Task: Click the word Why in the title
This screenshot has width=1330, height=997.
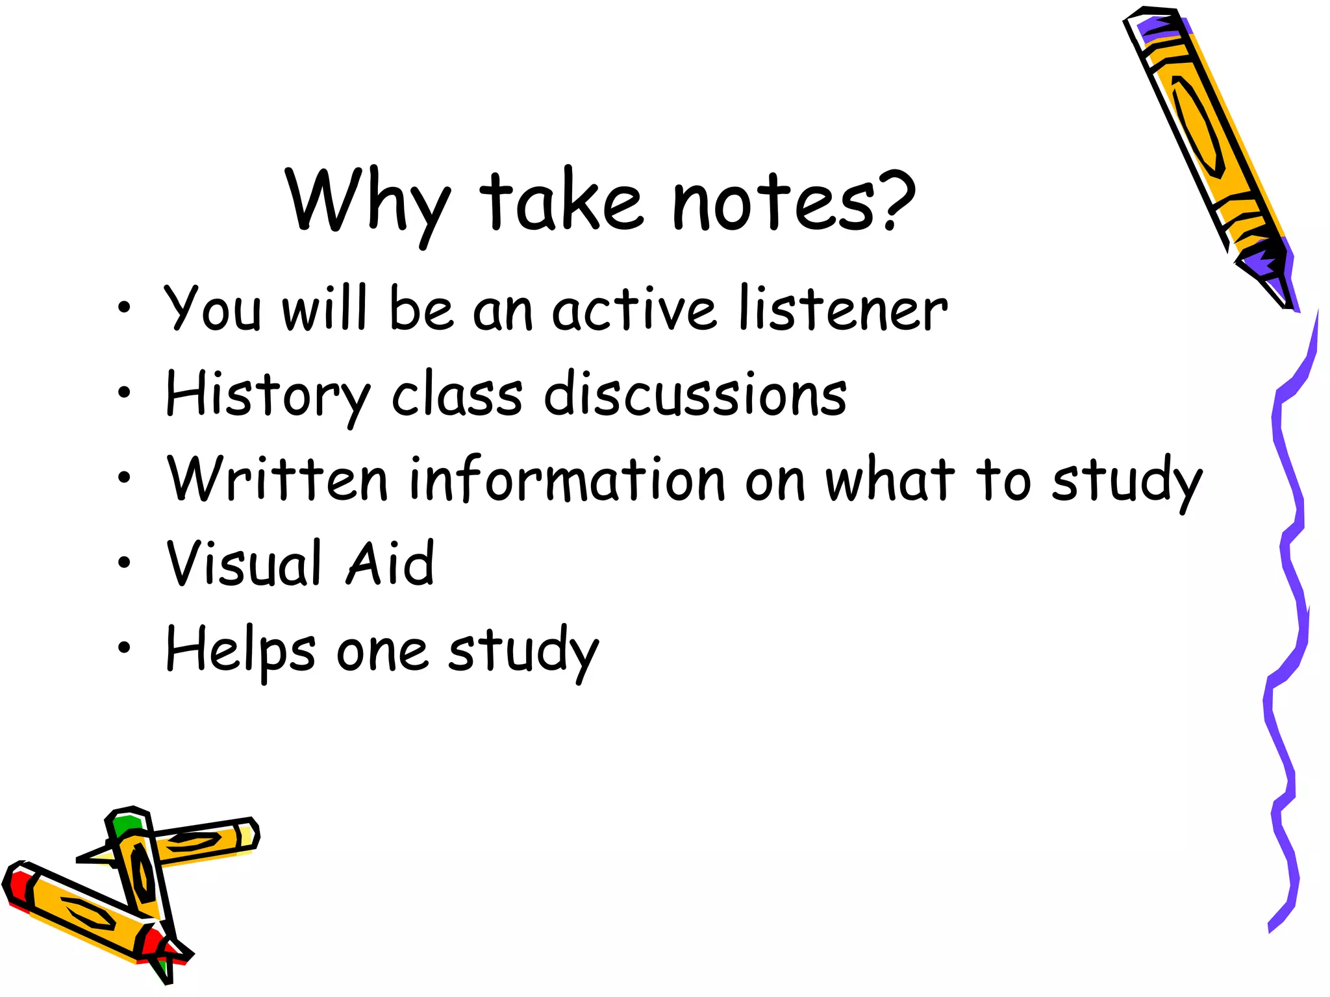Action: (x=368, y=202)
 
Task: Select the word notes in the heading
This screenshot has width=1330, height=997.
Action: (x=773, y=202)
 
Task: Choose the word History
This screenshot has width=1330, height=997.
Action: (x=267, y=395)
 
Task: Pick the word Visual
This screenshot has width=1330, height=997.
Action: (x=244, y=563)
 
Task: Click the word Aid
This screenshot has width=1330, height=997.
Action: (x=390, y=563)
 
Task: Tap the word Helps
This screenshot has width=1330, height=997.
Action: (x=241, y=649)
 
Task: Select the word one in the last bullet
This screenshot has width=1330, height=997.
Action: (x=382, y=652)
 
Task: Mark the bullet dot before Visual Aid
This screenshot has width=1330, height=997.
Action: (x=124, y=563)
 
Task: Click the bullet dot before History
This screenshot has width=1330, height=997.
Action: (x=124, y=392)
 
